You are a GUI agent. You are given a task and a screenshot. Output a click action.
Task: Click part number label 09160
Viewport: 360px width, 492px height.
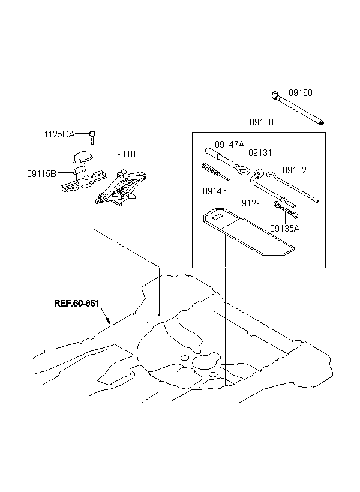tap(301, 93)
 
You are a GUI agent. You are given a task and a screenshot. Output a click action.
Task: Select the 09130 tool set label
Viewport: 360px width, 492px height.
tap(262, 122)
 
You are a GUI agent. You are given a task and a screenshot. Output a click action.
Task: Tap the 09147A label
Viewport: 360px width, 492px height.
tap(229, 145)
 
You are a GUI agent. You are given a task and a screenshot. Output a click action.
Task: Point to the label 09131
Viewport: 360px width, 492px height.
tap(260, 153)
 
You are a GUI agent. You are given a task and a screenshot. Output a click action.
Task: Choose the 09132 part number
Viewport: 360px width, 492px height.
tap(295, 170)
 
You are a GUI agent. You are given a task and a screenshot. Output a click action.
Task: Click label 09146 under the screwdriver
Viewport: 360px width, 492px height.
tap(215, 191)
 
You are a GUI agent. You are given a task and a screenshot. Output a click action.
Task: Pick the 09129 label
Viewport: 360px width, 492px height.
tap(249, 203)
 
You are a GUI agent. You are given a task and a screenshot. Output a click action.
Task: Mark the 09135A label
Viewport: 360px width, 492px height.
tap(284, 229)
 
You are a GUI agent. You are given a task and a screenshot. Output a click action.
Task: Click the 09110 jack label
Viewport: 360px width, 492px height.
tap(124, 154)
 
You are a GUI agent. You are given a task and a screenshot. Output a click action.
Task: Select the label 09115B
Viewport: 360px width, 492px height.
tap(41, 173)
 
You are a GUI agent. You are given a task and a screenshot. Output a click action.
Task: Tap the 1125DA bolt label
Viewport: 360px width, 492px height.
tap(59, 134)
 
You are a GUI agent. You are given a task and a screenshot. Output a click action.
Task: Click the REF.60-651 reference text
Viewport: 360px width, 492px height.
tap(77, 304)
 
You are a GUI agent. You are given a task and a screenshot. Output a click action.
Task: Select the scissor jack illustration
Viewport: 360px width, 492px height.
tap(121, 188)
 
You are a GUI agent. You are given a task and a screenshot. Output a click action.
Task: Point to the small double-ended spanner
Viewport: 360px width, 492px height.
tap(286, 209)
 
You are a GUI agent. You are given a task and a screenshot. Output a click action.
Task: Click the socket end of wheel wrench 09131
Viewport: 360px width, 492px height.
tap(259, 173)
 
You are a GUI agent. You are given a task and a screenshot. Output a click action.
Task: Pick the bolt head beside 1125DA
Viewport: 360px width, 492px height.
tap(92, 133)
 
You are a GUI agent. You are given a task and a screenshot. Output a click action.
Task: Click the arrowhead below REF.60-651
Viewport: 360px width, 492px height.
tap(108, 320)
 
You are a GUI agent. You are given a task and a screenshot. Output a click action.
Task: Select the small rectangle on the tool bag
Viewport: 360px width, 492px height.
tap(217, 216)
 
